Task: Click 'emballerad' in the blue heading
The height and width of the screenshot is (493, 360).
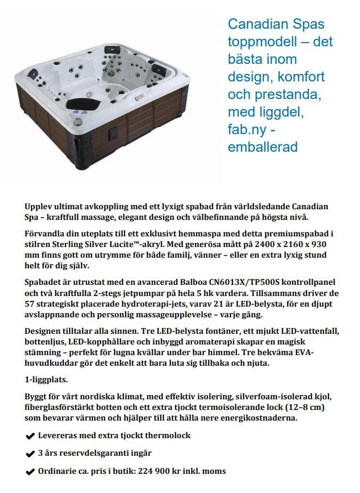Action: coord(263,147)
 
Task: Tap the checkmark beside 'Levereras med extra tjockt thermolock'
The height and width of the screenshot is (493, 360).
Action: coord(30,436)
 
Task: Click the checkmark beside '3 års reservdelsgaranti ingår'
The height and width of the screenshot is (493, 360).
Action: coord(30,454)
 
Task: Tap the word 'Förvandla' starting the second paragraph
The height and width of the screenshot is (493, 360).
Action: coord(45,234)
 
